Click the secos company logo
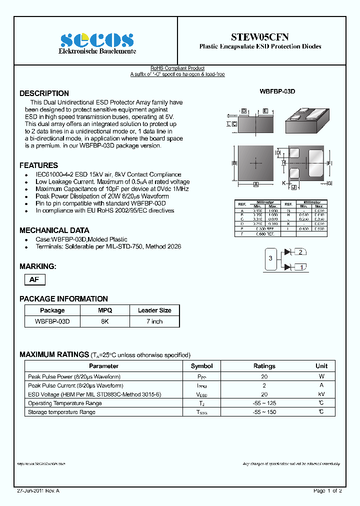pos(97,40)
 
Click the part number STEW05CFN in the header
pos(260,37)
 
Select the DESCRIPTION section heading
pos(44,93)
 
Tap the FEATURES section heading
pos(38,165)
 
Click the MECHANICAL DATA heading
pos(54,230)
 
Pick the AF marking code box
pos(34,280)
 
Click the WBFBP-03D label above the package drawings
pos(277,92)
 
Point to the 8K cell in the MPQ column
pos(104,321)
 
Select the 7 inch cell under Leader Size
pos(154,321)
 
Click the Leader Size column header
pos(154,310)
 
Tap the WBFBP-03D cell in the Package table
pos(52,321)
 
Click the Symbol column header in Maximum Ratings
pos(201,366)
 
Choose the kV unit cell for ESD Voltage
pos(321,394)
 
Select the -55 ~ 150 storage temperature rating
pos(264,412)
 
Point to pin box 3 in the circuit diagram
pos(270,258)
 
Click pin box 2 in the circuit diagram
pos(300,251)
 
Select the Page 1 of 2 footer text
pos(327,491)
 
